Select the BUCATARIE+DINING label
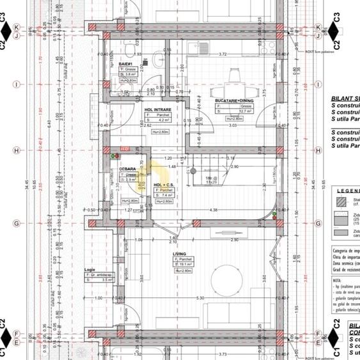[x=235, y=100]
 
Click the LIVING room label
[x=180, y=254]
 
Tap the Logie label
[x=90, y=270]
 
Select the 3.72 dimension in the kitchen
[x=223, y=54]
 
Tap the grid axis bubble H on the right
[x=318, y=151]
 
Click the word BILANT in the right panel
[x=340, y=99]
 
